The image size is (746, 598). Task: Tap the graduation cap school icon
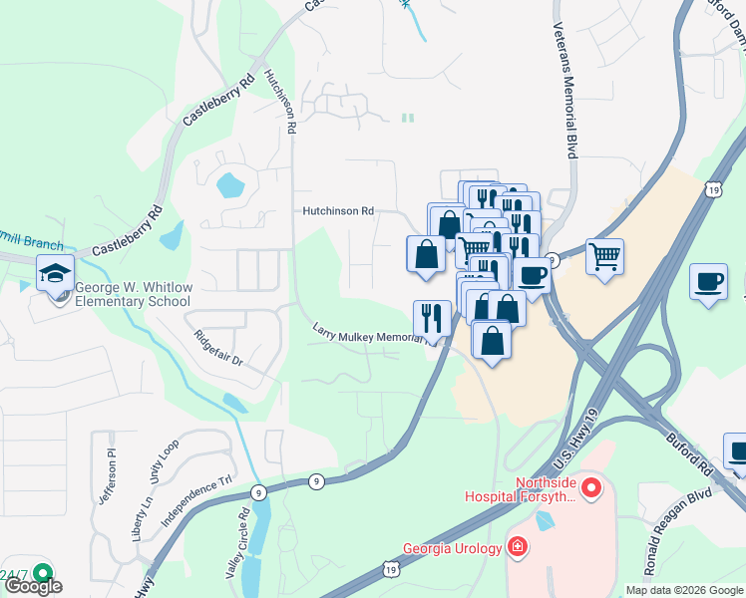(x=56, y=272)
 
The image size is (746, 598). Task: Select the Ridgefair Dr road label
(x=219, y=346)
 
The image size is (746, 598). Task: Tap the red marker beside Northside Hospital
(x=591, y=488)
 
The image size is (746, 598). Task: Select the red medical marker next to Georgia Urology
(x=517, y=546)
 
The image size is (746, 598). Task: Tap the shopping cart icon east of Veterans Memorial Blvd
(x=604, y=256)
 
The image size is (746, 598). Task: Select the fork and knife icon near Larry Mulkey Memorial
(x=432, y=318)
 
